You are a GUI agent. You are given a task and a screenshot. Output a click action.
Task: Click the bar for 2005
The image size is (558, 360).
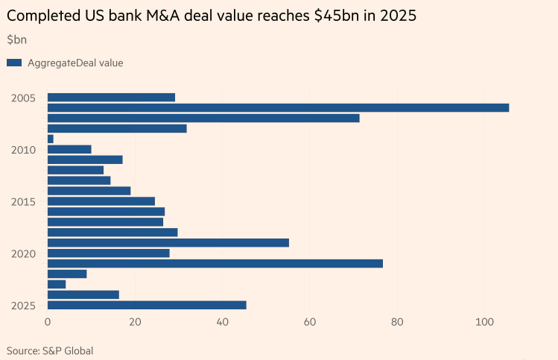point(111,98)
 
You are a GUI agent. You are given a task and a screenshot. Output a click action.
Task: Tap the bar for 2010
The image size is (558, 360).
point(69,149)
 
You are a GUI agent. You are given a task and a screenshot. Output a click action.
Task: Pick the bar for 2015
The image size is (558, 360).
point(101,201)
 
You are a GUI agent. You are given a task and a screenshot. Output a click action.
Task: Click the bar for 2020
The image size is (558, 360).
point(109,253)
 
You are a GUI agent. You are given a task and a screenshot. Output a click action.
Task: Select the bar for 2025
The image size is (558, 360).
point(147,305)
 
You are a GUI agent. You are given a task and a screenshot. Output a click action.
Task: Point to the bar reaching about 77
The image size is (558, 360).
point(215,263)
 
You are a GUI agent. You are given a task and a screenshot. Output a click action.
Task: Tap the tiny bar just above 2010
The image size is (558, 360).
point(51,139)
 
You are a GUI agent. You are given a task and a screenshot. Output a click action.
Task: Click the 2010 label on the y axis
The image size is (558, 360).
point(24,150)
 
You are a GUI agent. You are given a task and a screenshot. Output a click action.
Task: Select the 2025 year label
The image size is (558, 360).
point(24,306)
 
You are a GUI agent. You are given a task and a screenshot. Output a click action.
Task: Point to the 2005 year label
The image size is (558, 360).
point(24,98)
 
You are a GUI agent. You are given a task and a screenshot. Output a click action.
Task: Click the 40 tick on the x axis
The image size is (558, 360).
point(222,322)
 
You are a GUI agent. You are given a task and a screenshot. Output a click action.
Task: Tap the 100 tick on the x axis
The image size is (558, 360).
point(484,322)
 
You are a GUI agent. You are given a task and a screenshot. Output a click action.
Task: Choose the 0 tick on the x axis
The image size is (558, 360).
point(48,322)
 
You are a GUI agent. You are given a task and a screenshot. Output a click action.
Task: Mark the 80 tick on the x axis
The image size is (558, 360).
point(397,322)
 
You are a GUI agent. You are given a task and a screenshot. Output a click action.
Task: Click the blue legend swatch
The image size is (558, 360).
point(14,63)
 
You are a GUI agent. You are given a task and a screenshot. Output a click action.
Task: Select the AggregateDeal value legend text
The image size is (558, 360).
point(75,63)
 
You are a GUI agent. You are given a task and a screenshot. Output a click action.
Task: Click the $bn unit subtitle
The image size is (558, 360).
point(16,40)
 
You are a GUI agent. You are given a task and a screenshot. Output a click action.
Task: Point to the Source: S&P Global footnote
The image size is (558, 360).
point(50,350)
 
